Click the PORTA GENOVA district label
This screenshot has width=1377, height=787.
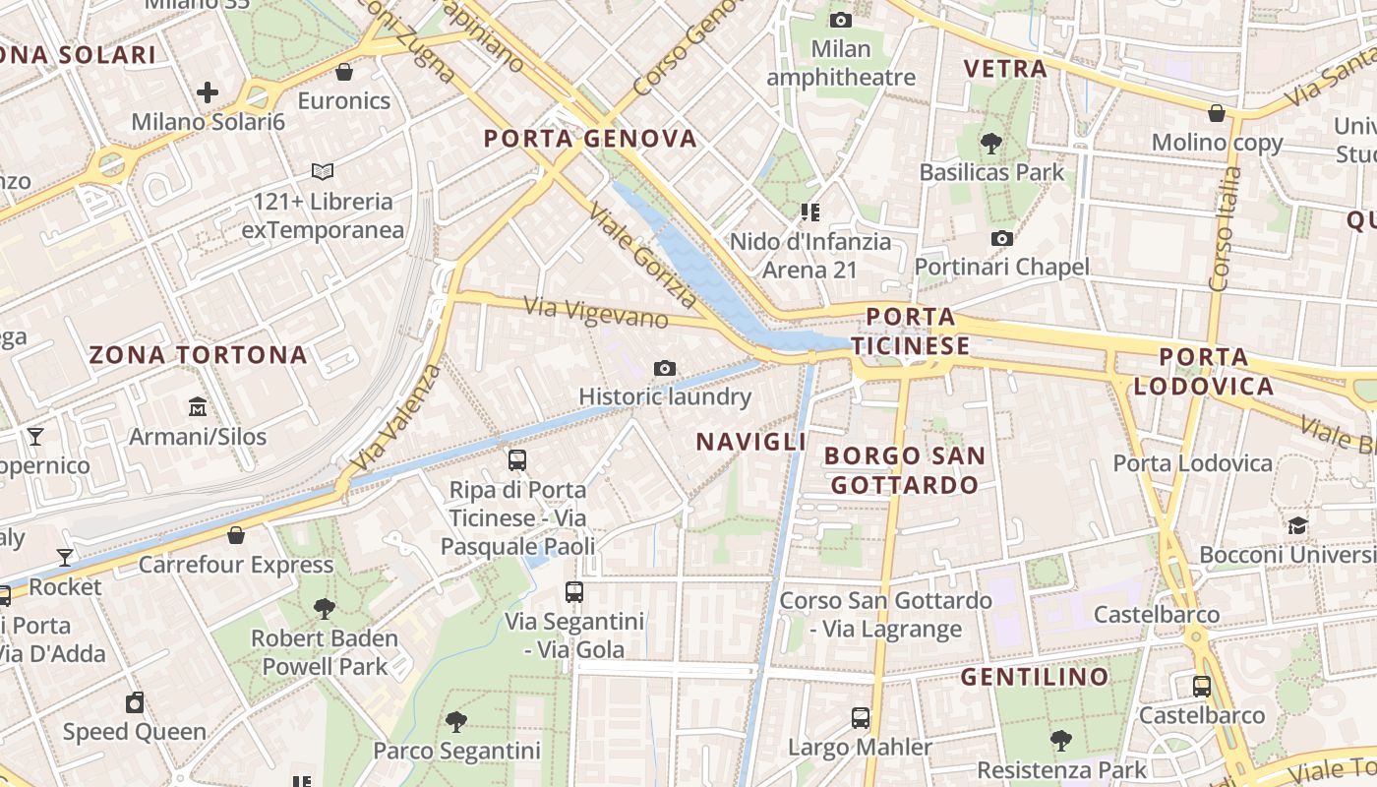tap(590, 139)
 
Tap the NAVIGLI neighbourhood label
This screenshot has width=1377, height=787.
tap(751, 443)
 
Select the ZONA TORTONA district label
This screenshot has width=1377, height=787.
tap(199, 355)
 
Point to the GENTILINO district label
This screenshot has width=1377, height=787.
tap(1035, 677)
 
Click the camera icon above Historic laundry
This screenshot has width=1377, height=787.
tap(665, 369)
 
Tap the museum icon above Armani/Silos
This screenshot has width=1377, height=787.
tap(198, 406)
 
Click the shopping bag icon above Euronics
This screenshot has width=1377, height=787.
tap(344, 72)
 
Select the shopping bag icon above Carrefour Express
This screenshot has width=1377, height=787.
tap(236, 535)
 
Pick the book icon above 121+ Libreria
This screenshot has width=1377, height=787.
tap(323, 172)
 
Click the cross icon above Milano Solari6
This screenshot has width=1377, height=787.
tap(208, 92)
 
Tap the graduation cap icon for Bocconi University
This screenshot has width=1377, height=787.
tap(1298, 525)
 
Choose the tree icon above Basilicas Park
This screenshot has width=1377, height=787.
tap(991, 144)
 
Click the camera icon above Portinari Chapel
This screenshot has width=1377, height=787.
tap(1002, 238)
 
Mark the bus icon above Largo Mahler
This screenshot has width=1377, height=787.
tap(861, 718)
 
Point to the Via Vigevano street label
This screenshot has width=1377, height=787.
tap(596, 313)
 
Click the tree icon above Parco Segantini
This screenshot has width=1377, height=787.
tap(456, 723)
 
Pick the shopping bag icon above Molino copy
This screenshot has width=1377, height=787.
tap(1217, 113)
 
